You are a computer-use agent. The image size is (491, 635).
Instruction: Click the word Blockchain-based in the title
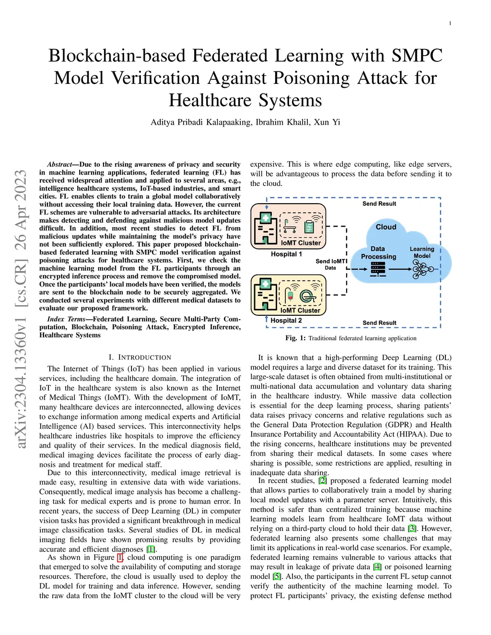[x=117, y=56]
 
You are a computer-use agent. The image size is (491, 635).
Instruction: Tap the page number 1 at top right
[x=450, y=23]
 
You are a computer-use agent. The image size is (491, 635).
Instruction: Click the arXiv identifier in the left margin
[x=21, y=309]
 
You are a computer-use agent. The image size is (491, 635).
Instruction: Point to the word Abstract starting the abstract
[x=59, y=164]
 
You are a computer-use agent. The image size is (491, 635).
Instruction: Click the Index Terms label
[x=66, y=319]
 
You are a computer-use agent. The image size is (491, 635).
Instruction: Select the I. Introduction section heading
[x=140, y=358]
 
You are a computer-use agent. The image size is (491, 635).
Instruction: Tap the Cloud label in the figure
[x=386, y=227]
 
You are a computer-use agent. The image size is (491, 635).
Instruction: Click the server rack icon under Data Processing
[x=378, y=269]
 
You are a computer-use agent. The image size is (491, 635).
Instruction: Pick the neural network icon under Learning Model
[x=422, y=270]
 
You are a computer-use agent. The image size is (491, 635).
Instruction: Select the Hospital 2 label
[x=286, y=321]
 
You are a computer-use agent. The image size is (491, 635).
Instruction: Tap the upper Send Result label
[x=379, y=204]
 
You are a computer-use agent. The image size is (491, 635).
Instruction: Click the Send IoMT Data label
[x=330, y=265]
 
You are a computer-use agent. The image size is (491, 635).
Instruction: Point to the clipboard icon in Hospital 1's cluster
[x=309, y=227]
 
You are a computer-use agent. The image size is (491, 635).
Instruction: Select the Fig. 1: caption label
[x=295, y=338]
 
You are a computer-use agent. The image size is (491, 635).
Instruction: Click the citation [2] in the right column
[x=323, y=481]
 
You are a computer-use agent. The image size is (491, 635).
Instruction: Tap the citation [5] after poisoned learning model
[x=277, y=577]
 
